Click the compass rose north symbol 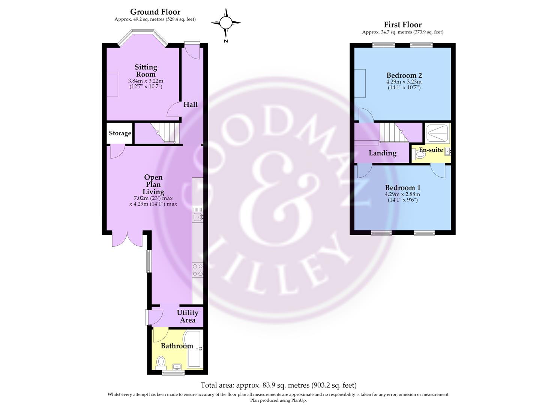pos(226,23)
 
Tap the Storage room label pos(120,133)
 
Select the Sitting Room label pos(146,70)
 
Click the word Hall pos(191,104)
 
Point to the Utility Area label pos(188,316)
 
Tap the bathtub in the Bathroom pos(194,349)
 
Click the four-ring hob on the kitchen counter pos(198,270)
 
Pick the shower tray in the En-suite pos(437,133)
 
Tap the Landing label pos(383,153)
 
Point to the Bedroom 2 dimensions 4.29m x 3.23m pos(404,81)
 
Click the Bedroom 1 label pos(403,188)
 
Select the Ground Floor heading pos(155,12)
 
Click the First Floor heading pos(403,25)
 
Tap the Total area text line pos(278,385)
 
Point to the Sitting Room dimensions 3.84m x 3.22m pos(146,81)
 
